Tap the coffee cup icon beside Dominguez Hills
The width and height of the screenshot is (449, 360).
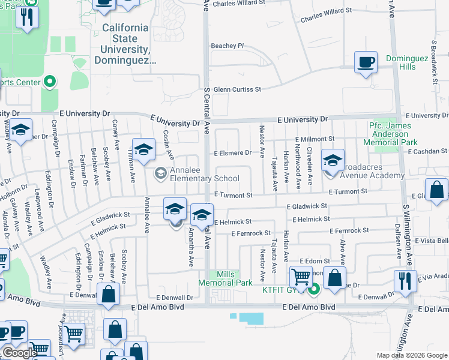coord(366,62)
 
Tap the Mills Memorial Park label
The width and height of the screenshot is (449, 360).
coord(225,278)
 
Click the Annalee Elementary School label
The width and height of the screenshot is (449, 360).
coord(204,174)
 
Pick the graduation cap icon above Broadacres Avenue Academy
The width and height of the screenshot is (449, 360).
coord(332,160)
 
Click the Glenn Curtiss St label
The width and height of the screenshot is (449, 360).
coord(238,89)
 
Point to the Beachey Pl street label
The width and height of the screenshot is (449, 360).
coord(228,46)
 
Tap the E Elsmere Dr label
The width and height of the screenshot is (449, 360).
coord(234,152)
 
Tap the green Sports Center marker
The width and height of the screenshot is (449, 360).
coord(49,82)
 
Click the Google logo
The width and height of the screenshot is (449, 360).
coord(19,353)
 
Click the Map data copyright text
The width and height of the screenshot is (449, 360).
coord(412,355)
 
